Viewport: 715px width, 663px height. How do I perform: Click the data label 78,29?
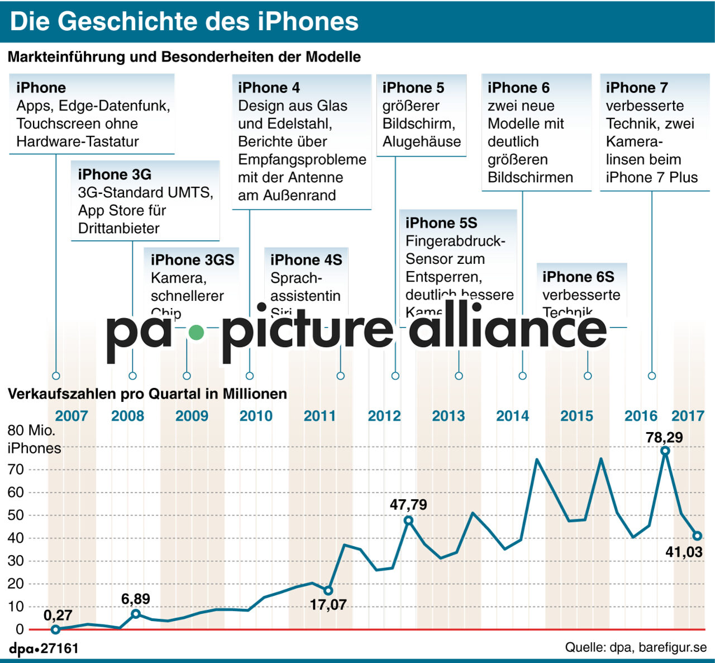[664, 437]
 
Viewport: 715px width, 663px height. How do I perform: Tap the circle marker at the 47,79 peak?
[408, 520]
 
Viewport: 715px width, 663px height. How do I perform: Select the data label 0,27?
[58, 615]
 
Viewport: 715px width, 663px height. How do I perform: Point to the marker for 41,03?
[697, 536]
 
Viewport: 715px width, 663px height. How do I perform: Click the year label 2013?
[448, 416]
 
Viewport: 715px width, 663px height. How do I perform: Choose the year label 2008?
[127, 416]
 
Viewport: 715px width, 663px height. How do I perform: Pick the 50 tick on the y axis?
[16, 515]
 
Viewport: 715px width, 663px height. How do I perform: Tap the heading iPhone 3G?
[115, 174]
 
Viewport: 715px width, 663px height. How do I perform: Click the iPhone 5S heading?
[441, 223]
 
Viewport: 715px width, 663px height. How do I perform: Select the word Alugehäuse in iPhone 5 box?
[422, 141]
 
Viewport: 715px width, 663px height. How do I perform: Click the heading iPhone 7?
[637, 88]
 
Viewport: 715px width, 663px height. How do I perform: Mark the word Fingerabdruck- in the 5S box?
[455, 241]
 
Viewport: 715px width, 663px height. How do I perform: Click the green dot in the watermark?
[196, 333]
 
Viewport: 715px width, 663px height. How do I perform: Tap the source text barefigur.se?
[673, 647]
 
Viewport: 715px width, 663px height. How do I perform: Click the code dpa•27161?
[44, 648]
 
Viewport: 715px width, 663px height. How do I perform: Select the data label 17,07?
[328, 605]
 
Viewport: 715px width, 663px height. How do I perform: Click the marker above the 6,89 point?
[136, 614]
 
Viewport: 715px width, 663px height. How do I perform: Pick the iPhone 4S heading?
[306, 260]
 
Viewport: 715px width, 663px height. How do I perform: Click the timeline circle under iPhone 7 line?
[652, 376]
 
